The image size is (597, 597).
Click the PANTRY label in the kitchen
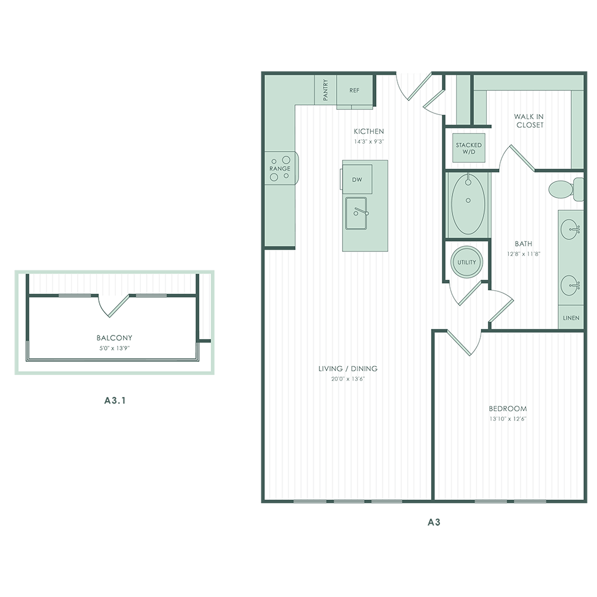pyautogui.click(x=326, y=91)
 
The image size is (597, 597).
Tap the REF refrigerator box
pyautogui.click(x=354, y=90)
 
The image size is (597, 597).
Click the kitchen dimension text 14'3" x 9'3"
pyautogui.click(x=368, y=142)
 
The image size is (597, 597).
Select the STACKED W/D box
pyautogui.click(x=468, y=148)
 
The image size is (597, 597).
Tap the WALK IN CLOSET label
pyautogui.click(x=529, y=121)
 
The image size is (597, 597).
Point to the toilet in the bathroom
pyautogui.click(x=565, y=189)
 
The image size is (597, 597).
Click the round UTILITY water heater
pyautogui.click(x=467, y=263)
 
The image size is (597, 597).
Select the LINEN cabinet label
pyautogui.click(x=571, y=318)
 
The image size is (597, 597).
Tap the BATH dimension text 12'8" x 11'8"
pyautogui.click(x=523, y=253)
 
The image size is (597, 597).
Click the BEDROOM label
pyautogui.click(x=507, y=409)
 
